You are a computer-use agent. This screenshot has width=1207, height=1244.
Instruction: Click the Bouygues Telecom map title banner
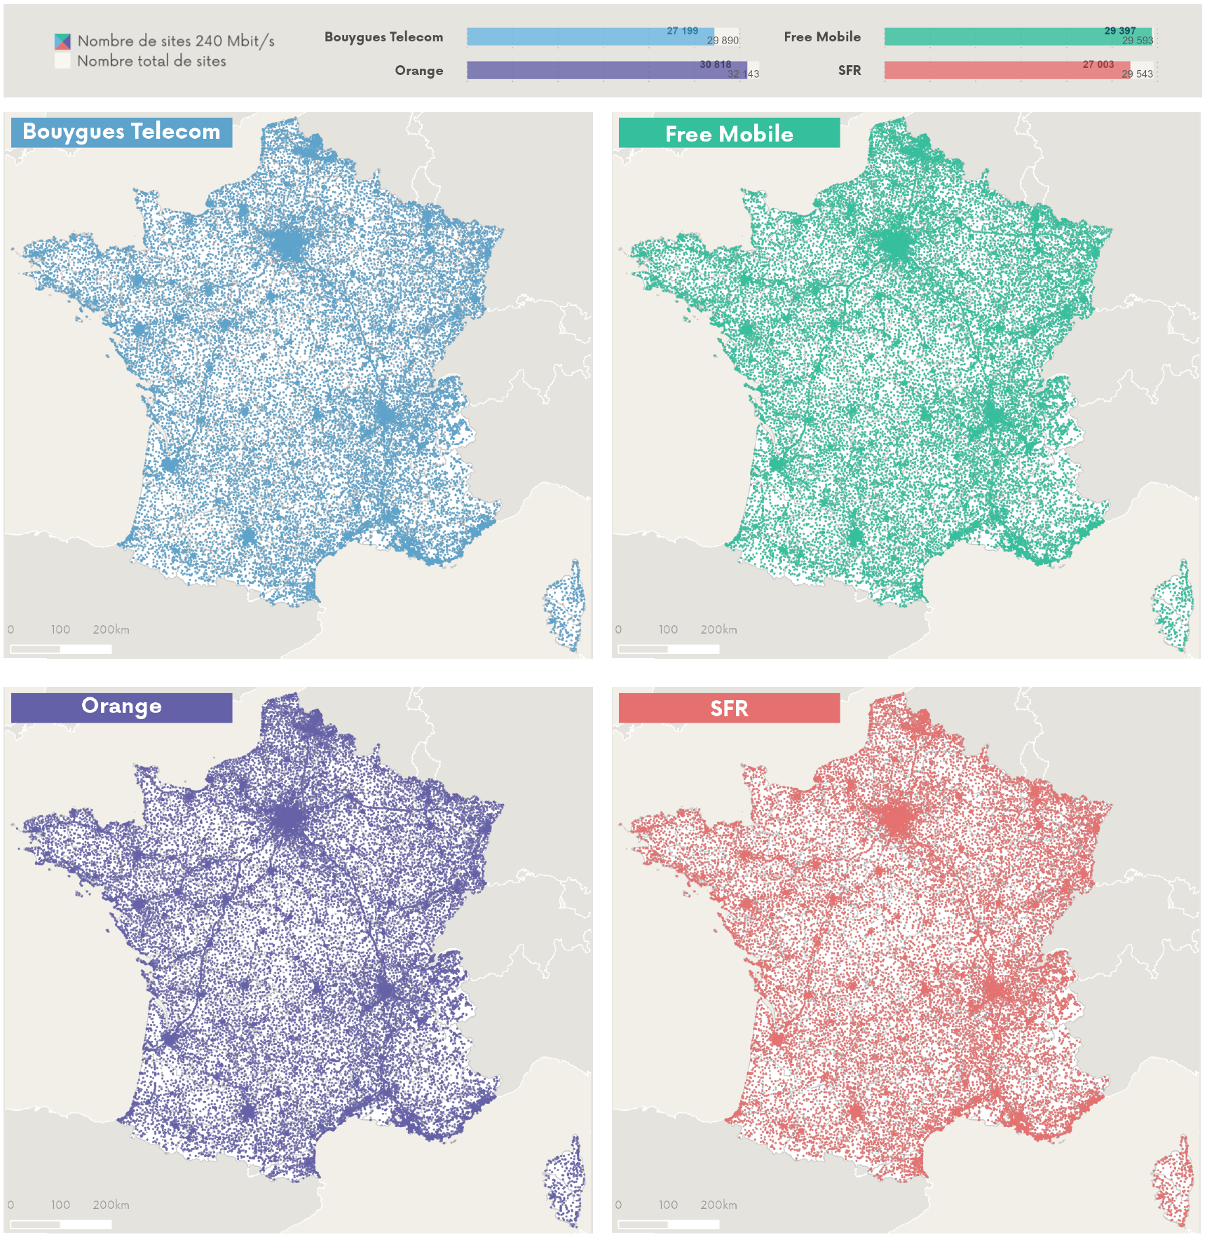121,132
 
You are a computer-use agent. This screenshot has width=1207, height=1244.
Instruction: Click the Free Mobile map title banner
729,133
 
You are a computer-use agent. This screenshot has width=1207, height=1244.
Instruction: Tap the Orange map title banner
121,706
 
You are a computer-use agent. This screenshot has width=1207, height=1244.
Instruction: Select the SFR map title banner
729,708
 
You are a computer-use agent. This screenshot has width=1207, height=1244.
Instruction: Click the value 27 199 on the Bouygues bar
682,31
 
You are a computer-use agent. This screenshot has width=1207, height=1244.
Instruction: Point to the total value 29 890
723,41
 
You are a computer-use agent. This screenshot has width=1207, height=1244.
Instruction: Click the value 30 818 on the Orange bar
715,64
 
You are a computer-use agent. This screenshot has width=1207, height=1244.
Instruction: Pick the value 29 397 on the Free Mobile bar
1119,31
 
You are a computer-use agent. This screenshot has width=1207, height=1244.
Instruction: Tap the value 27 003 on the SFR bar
1098,64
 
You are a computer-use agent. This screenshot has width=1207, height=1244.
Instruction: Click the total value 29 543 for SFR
1137,74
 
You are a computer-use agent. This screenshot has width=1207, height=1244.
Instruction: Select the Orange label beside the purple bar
418,71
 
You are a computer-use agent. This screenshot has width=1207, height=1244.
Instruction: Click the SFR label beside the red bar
849,71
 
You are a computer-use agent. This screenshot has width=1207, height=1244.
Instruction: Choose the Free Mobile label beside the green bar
821,37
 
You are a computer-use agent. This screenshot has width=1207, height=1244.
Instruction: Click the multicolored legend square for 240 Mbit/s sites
62,41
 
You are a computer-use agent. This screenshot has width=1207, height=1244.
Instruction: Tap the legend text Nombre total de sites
151,62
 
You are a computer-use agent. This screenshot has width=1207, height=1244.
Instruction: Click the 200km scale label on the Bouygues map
111,629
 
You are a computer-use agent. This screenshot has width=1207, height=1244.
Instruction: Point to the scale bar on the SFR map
669,1224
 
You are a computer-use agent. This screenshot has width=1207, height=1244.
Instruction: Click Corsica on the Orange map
564,1184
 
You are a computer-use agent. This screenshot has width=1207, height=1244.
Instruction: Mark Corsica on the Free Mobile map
1172,606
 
